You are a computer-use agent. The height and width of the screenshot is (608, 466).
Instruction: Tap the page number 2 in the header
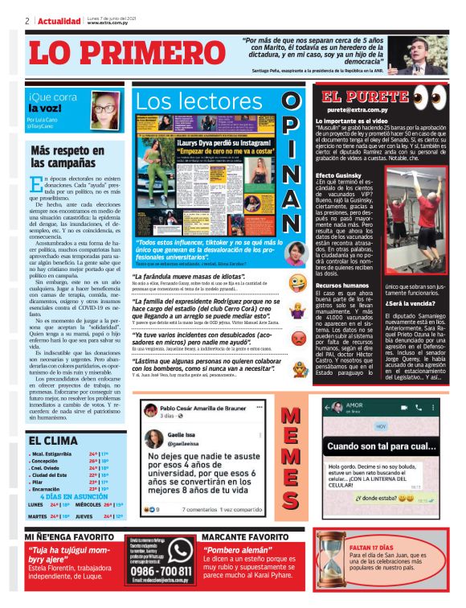[x=27, y=20]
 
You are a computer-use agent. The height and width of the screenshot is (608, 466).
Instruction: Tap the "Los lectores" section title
[x=195, y=102]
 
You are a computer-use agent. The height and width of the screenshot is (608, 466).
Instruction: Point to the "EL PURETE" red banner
[x=354, y=97]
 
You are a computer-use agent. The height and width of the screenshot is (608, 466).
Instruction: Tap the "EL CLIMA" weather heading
[x=54, y=441]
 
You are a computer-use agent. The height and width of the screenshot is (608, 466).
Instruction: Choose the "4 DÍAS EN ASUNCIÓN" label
[x=80, y=496]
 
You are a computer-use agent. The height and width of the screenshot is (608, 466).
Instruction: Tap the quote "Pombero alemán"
[x=234, y=549]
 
